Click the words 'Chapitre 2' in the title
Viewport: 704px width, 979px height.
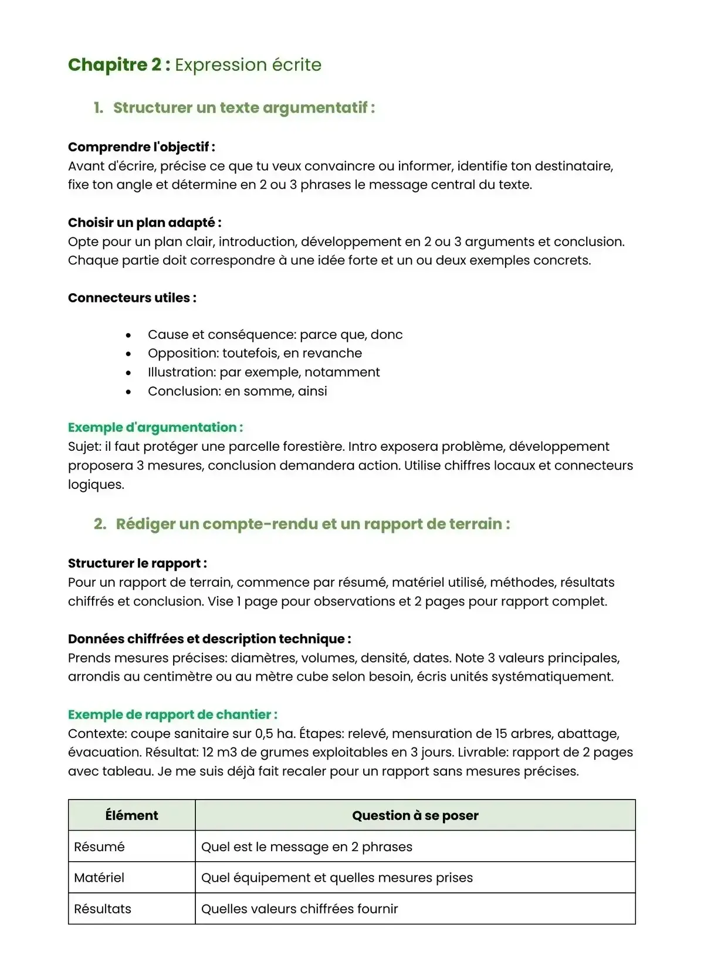pyautogui.click(x=114, y=64)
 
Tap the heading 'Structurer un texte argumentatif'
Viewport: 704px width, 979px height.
pyautogui.click(x=243, y=108)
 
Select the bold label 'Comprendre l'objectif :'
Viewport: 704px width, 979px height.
pyautogui.click(x=141, y=147)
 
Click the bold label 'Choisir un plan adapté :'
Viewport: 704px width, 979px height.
pyautogui.click(x=144, y=223)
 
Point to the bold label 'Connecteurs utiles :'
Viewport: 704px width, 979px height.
pyautogui.click(x=132, y=298)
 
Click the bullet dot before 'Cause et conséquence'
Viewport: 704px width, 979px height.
pyautogui.click(x=128, y=335)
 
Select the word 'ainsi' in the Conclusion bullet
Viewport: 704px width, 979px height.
pyautogui.click(x=312, y=391)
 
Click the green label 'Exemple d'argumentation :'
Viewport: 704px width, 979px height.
pyautogui.click(x=155, y=427)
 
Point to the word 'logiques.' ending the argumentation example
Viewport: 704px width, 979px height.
pyautogui.click(x=96, y=485)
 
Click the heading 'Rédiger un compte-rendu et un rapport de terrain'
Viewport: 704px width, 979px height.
pyautogui.click(x=312, y=524)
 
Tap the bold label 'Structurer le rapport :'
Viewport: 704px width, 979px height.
pyautogui.click(x=137, y=563)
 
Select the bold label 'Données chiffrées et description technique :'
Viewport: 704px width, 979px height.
pyautogui.click(x=209, y=639)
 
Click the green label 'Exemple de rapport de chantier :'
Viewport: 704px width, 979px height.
pyautogui.click(x=172, y=715)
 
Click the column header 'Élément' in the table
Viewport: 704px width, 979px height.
pyautogui.click(x=131, y=815)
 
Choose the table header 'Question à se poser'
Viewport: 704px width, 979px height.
pyautogui.click(x=415, y=815)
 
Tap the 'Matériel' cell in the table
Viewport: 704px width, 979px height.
pyautogui.click(x=99, y=878)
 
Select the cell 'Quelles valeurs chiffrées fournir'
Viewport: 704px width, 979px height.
pyautogui.click(x=299, y=909)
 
